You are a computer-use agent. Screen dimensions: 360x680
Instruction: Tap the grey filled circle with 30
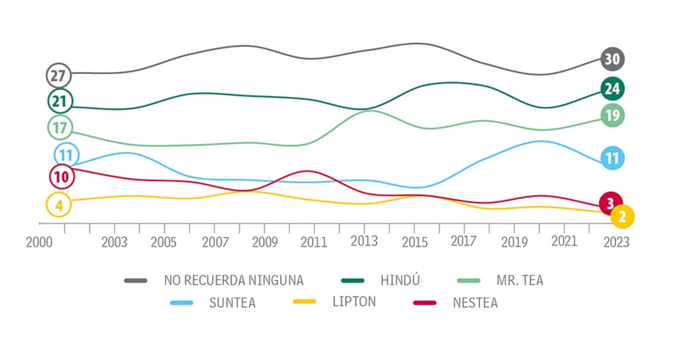[x=613, y=59]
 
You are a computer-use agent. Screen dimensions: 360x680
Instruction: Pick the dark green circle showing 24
[x=613, y=89]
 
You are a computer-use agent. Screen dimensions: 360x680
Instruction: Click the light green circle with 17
[x=59, y=127]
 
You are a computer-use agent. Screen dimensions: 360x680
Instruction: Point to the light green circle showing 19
[x=613, y=115]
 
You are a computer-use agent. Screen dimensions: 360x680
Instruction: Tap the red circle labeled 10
[x=62, y=177]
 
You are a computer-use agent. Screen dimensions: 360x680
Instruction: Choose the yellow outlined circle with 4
[x=58, y=205]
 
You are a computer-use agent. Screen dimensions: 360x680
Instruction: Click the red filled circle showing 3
[x=610, y=203]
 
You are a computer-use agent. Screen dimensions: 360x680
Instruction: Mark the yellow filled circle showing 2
[x=623, y=216]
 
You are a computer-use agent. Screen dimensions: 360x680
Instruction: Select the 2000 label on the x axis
[x=39, y=242]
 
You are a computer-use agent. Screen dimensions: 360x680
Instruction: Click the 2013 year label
[x=364, y=241]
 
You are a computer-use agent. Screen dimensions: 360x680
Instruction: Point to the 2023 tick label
[x=616, y=242]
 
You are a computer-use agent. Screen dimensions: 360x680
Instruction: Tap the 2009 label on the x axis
[x=265, y=242]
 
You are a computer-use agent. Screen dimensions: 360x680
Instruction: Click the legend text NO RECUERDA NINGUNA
[x=234, y=280]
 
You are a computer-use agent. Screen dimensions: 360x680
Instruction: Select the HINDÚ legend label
[x=400, y=280]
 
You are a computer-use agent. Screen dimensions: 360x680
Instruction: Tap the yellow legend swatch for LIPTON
[x=304, y=302]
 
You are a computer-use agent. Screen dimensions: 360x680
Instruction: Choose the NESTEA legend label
[x=475, y=303]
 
